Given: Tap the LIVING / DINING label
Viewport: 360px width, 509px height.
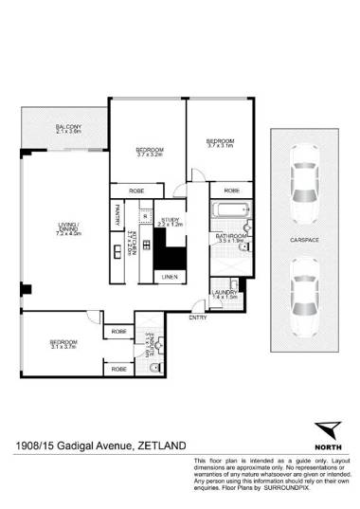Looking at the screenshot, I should (66, 225).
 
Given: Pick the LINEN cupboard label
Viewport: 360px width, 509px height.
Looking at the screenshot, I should (170, 277).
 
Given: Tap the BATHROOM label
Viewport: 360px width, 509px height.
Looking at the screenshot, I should (230, 236).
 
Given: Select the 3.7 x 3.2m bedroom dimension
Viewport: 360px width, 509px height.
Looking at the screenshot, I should (151, 156).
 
